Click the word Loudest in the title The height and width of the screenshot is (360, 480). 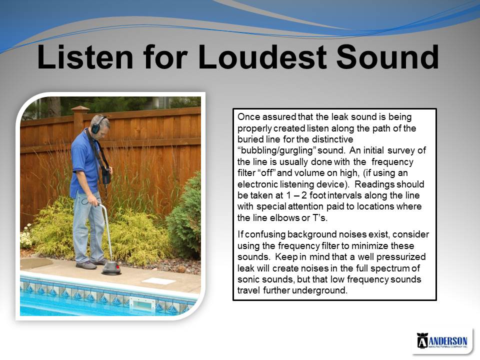(x=262, y=57)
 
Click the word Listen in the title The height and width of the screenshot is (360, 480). (x=85, y=57)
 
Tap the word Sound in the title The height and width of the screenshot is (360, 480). (x=388, y=57)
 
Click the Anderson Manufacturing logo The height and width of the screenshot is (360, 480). (x=442, y=340)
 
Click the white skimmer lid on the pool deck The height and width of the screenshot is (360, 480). (x=154, y=280)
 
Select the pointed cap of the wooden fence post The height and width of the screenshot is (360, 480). (x=80, y=108)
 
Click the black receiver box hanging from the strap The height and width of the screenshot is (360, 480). (x=106, y=175)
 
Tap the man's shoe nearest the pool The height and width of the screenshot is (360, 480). (x=86, y=265)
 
